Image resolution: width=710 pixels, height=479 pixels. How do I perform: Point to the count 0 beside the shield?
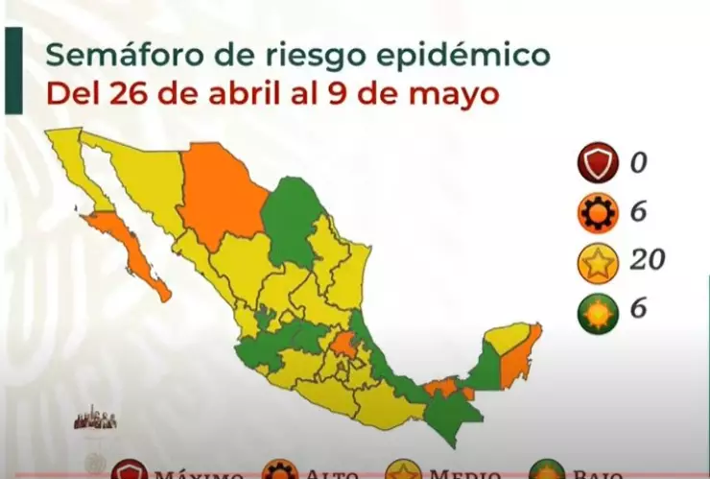[x=637, y=163]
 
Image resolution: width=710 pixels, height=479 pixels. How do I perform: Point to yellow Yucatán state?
[x=506, y=338]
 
